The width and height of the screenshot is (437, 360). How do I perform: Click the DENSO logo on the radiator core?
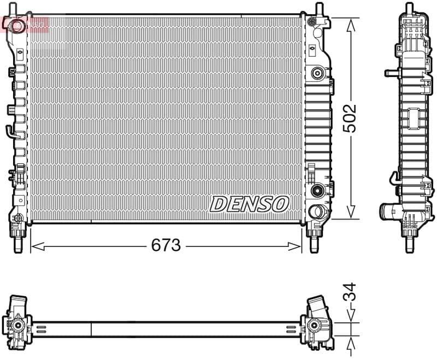coord(249,204)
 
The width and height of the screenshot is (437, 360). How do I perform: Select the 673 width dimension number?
coord(166,246)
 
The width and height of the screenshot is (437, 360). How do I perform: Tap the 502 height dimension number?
coord(349,118)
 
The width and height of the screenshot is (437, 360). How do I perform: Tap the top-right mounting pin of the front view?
coord(317,9)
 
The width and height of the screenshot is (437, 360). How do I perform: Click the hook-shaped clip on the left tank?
coord(10,131)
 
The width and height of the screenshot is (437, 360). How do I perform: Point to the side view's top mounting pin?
coord(409,9)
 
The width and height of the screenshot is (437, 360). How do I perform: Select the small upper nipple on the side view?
coord(389,73)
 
